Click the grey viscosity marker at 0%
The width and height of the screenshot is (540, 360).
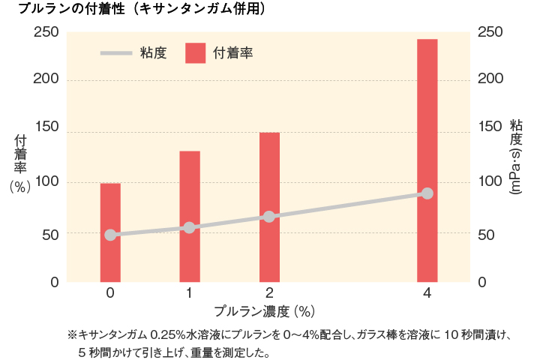coord(110,235)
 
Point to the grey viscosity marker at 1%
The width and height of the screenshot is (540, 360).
coord(190,227)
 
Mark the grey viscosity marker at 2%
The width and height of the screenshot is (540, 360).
coord(269,217)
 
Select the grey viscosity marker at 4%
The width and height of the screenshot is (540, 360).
coord(427,193)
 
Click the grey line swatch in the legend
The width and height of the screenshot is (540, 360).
coord(116,53)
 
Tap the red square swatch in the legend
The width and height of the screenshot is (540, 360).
coord(195,53)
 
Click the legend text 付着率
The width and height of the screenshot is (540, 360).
coord(233,53)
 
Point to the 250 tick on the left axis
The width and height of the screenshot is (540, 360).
coord(46,32)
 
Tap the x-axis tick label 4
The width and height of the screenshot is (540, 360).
coord(427,293)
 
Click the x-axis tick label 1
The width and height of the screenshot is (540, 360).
coord(190,293)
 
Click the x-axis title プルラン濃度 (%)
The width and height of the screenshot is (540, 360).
coord(263,310)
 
